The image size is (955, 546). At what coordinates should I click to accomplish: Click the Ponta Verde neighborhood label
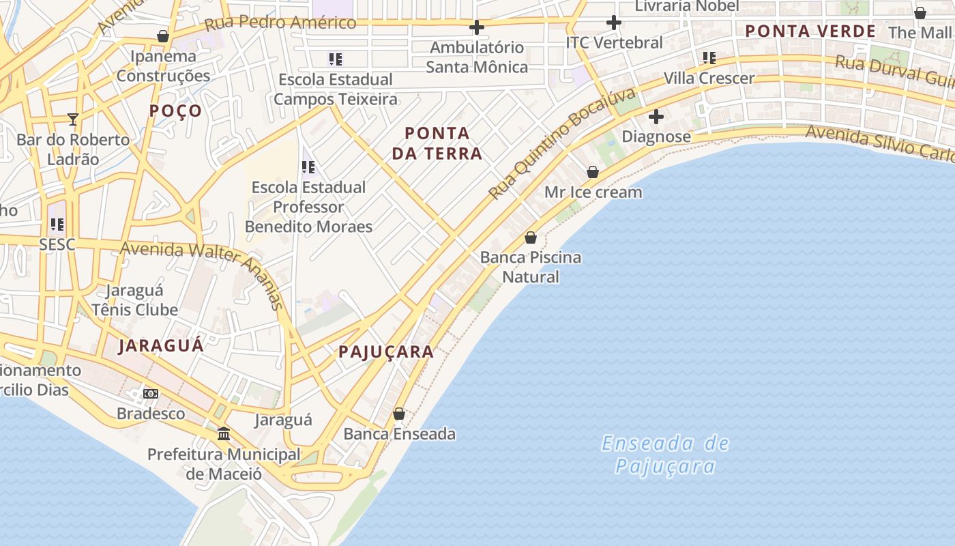(810, 31)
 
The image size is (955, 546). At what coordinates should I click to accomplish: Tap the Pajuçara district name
(386, 352)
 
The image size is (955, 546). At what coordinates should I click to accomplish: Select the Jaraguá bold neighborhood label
(161, 345)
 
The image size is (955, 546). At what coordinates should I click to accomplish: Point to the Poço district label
(176, 111)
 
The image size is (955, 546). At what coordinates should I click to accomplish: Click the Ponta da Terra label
(437, 143)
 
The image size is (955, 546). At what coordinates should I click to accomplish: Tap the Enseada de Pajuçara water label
(665, 455)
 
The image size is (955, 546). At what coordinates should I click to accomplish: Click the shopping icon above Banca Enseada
(399, 414)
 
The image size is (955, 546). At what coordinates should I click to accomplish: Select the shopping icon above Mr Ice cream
(593, 172)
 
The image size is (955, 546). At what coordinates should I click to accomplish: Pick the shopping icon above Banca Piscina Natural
(531, 238)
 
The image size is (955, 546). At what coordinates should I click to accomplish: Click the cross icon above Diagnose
(656, 117)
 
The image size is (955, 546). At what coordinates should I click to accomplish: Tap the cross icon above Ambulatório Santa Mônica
(477, 27)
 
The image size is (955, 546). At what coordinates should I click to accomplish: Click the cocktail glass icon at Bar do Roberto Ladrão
(73, 119)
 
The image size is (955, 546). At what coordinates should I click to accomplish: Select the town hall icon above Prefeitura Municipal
(224, 433)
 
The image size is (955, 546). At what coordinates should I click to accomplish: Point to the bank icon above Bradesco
(151, 394)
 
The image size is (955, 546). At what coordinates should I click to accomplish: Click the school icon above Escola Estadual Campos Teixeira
(335, 59)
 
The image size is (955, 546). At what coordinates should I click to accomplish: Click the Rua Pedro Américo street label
(280, 23)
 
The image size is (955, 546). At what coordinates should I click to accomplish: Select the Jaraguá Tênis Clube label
(135, 300)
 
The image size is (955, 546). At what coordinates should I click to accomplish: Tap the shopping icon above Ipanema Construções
(163, 35)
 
